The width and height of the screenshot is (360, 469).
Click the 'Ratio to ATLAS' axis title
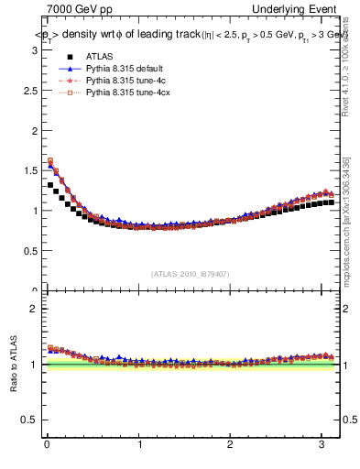tap(12, 365)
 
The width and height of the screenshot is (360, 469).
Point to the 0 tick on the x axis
tap(47, 445)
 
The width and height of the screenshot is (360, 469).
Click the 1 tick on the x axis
tap(139, 445)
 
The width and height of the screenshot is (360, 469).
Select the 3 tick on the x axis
tap(323, 445)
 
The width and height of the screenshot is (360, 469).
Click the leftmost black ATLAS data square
tap(50, 185)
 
